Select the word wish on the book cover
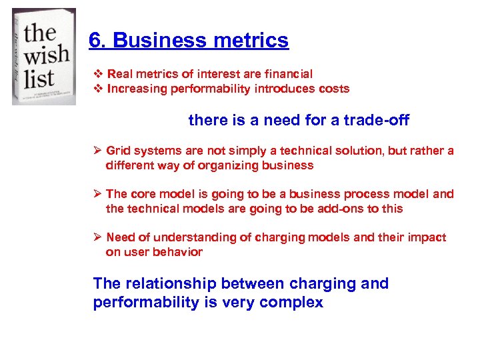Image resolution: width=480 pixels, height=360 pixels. click(47, 54)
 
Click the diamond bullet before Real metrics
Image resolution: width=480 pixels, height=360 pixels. click(99, 74)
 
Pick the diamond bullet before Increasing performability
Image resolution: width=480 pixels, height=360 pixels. click(99, 89)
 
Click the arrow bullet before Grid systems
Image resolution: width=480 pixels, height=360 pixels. click(97, 151)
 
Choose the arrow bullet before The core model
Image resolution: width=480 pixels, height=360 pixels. click(97, 194)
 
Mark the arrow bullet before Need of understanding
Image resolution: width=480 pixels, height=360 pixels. click(97, 237)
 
